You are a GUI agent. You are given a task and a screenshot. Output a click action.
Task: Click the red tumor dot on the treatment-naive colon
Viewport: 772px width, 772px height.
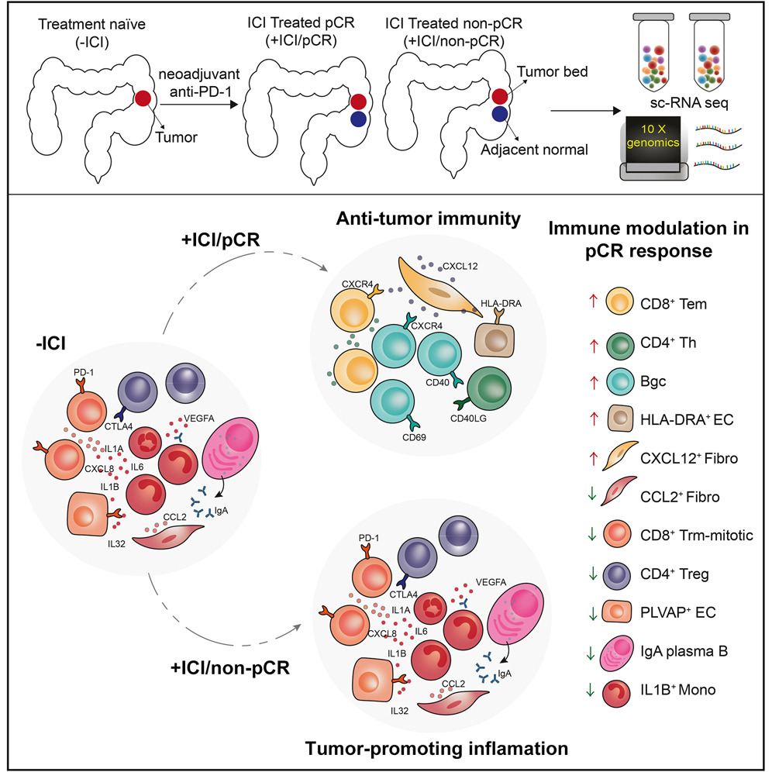(143, 99)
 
